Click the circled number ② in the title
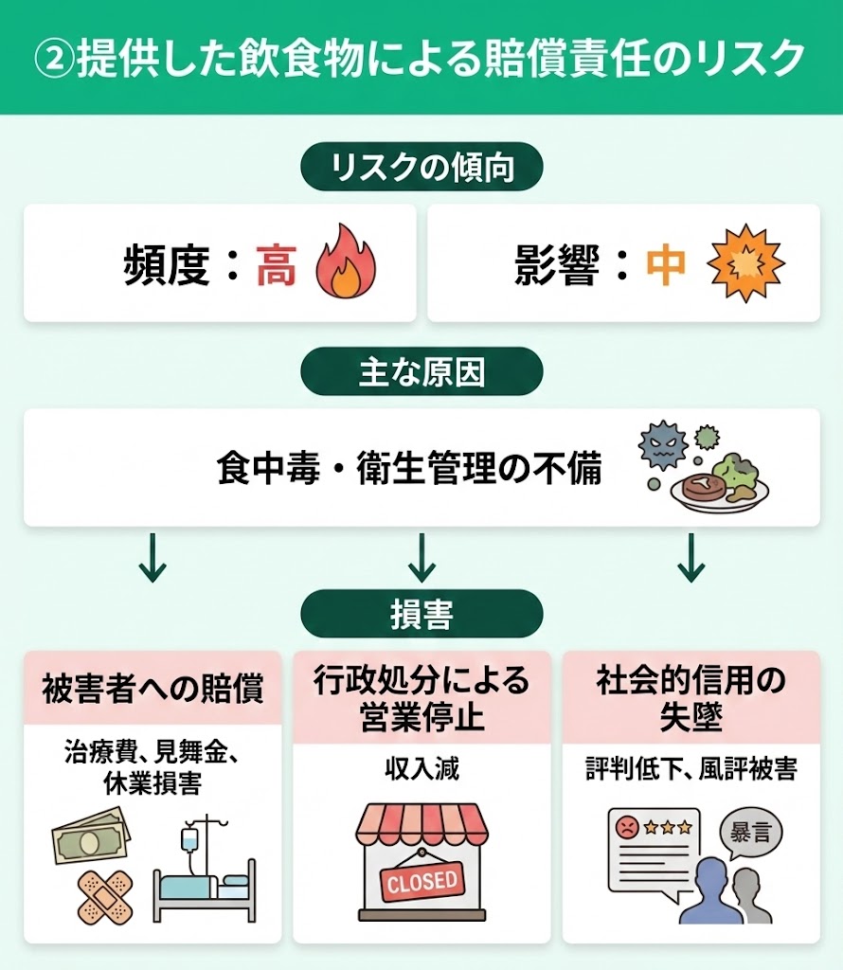click(x=54, y=58)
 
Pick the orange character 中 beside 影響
click(x=666, y=267)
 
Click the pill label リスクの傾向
click(x=421, y=169)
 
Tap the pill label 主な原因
click(x=421, y=372)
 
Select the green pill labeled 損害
click(x=421, y=614)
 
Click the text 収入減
click(x=421, y=768)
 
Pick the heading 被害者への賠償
click(x=152, y=690)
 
